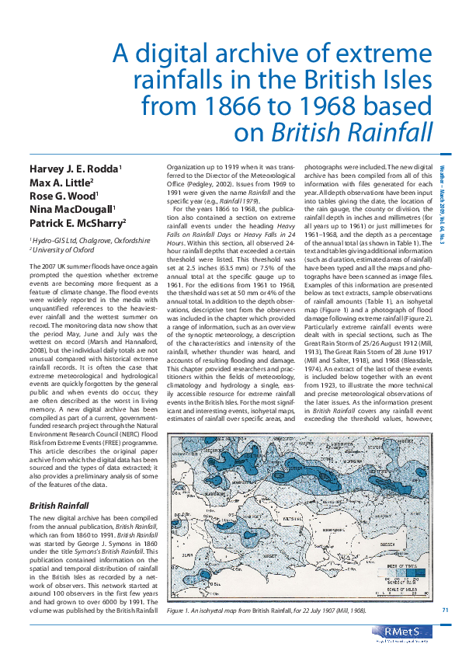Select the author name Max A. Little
pos(66,183)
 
